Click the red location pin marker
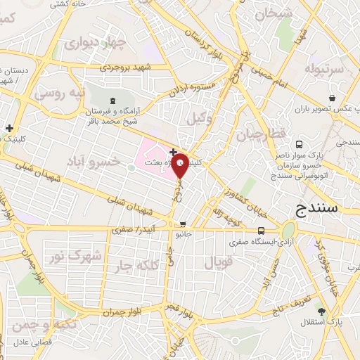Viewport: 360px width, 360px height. [180, 166]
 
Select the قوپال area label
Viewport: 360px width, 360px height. [218, 264]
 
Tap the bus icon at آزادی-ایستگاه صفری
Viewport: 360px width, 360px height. [261, 231]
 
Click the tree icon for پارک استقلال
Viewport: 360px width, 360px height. [322, 310]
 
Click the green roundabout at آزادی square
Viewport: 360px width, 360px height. [288, 230]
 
